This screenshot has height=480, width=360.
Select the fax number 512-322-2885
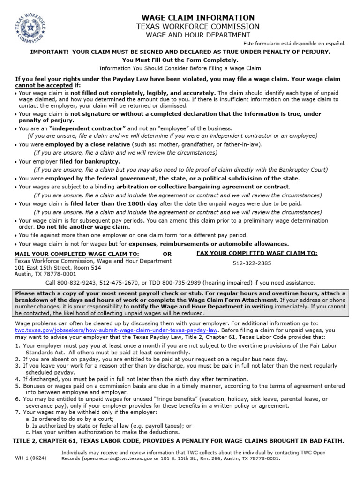pos(252,263)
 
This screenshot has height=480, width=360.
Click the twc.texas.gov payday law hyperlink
pos(108,330)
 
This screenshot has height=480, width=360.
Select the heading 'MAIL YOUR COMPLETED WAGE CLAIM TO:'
pos(77,254)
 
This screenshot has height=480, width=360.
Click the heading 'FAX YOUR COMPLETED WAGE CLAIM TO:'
pos(257,253)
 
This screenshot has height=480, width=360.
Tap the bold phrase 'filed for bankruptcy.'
pos(89,161)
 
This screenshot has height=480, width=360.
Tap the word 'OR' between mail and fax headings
pos(167,254)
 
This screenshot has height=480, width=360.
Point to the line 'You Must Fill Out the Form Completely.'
pos(180,60)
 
